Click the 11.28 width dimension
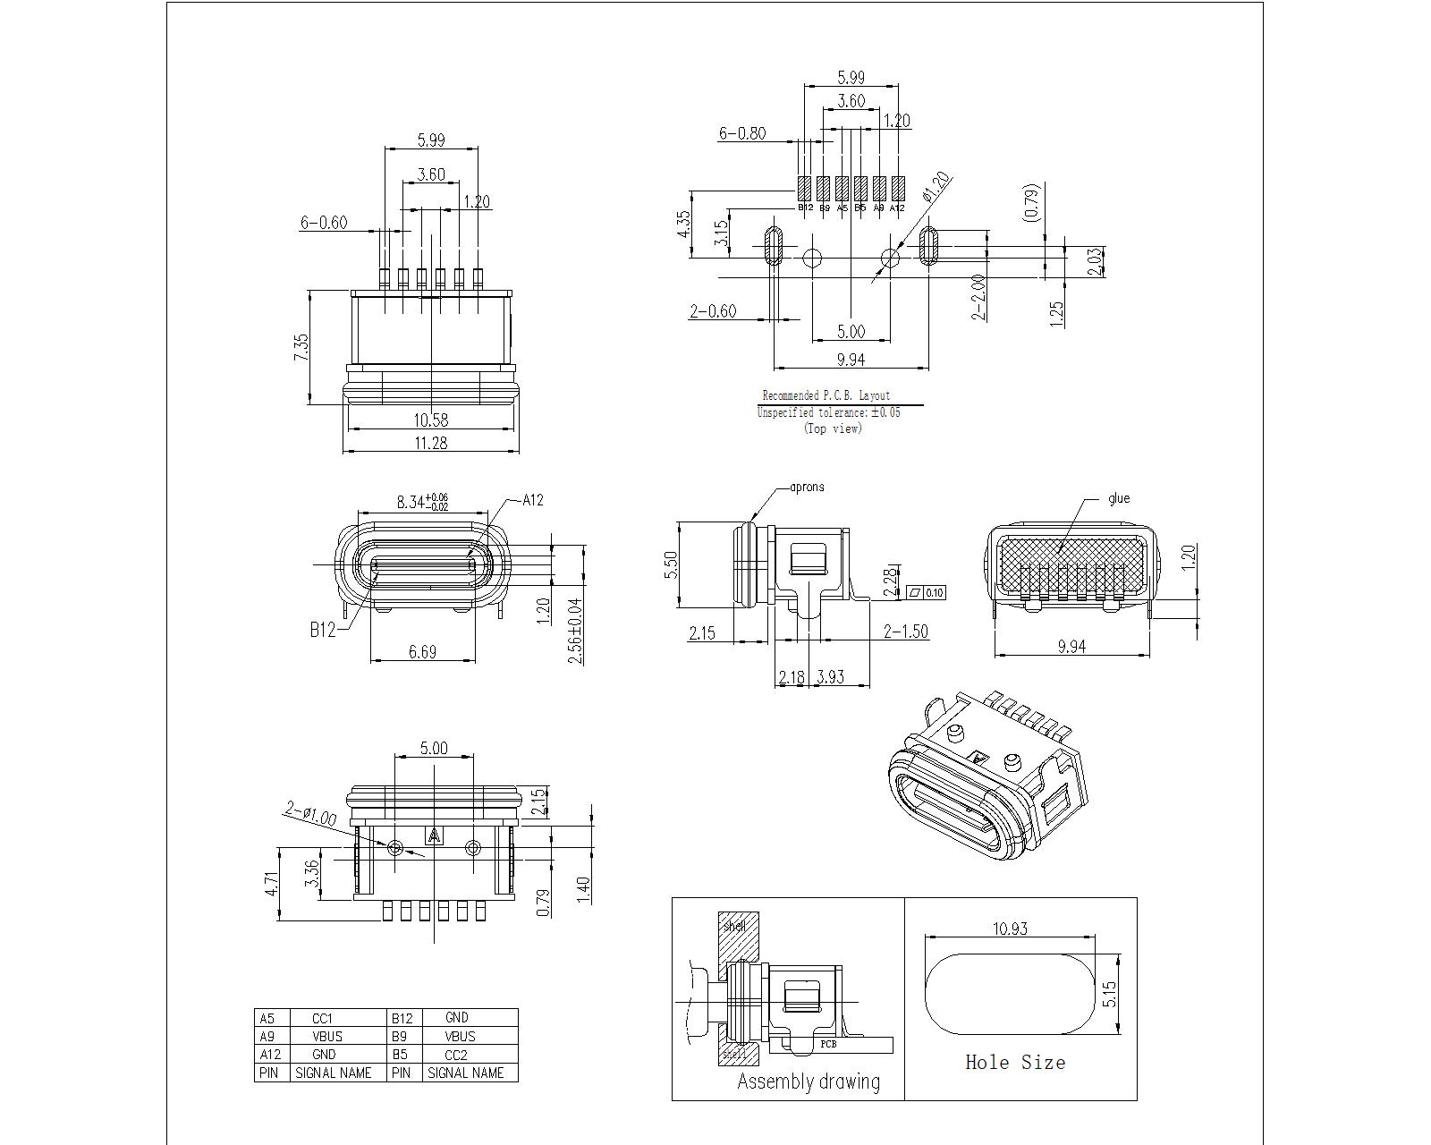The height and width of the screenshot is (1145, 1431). click(x=430, y=443)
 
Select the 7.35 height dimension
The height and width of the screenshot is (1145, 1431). click(x=301, y=347)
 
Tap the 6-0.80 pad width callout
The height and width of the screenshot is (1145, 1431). click(x=742, y=133)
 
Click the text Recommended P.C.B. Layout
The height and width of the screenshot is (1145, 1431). click(x=826, y=395)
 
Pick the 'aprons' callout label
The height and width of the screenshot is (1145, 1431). click(x=807, y=488)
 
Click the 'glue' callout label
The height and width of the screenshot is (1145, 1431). click(x=1118, y=498)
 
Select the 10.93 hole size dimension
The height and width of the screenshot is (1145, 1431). click(x=1010, y=929)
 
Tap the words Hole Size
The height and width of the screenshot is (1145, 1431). click(x=1015, y=1063)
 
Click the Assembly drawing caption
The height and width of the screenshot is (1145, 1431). click(x=808, y=1081)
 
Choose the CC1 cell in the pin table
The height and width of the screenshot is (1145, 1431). click(x=322, y=1018)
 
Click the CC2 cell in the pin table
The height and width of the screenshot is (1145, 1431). click(x=456, y=1055)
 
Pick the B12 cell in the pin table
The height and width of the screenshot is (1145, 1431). click(x=401, y=1018)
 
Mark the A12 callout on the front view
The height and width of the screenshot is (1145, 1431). click(x=533, y=500)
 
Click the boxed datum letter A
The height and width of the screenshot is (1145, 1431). click(x=435, y=835)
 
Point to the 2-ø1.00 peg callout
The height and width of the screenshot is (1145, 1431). click(x=310, y=813)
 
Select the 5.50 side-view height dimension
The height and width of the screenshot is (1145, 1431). click(x=672, y=564)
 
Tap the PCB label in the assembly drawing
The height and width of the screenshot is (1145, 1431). click(x=828, y=1043)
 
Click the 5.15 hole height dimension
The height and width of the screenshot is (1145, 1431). click(x=1110, y=995)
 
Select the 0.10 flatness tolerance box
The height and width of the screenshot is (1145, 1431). click(x=934, y=592)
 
